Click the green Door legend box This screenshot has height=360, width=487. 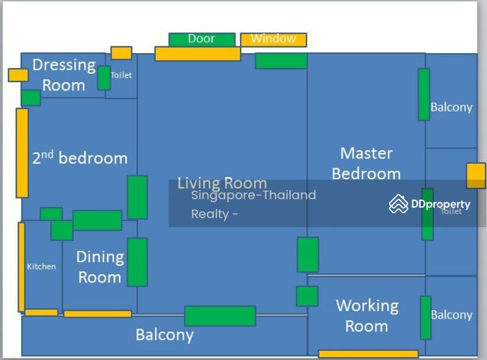(202, 40)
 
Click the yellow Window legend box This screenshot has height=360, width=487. (273, 40)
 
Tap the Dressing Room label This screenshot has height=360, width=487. (64, 75)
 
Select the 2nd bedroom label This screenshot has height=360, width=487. (80, 157)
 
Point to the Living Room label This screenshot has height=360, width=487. (222, 183)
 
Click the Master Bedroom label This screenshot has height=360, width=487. (366, 163)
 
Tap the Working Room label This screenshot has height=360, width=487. (367, 316)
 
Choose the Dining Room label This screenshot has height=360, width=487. (100, 267)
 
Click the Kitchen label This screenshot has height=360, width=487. (41, 266)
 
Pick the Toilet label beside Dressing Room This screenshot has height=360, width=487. (121, 75)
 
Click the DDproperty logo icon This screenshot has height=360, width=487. (399, 204)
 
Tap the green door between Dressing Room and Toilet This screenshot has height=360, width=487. (104, 78)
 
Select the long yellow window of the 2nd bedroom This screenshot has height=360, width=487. (22, 153)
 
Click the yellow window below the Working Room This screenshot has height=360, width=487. (368, 354)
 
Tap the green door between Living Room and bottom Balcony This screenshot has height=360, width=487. (220, 316)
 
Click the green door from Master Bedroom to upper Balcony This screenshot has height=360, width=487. (424, 94)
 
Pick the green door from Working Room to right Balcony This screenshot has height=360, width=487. (426, 318)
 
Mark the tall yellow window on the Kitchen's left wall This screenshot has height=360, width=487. (21, 267)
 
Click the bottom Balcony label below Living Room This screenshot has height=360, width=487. (164, 335)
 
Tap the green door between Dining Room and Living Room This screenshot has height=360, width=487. (138, 262)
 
